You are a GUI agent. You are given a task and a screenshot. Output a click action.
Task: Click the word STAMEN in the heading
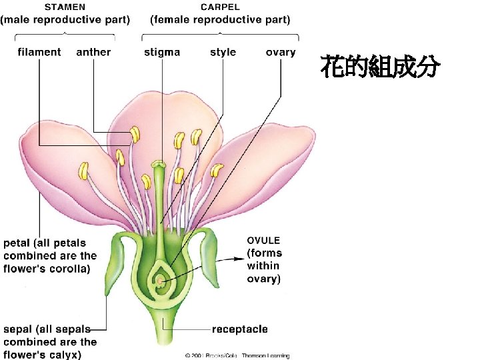(64, 7)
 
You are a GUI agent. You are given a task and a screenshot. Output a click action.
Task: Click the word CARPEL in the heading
(220, 7)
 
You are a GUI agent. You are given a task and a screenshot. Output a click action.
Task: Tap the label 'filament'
(39, 52)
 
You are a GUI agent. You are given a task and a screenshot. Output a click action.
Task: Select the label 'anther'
(94, 52)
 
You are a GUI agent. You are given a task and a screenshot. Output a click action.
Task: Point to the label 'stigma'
(162, 52)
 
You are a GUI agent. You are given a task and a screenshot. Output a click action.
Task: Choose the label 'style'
(223, 52)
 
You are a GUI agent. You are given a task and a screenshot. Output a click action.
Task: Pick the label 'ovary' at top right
(280, 52)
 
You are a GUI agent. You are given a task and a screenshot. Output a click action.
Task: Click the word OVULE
(264, 240)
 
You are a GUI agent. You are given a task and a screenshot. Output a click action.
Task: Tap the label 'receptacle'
(240, 329)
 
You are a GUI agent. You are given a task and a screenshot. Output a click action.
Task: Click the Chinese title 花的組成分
(380, 67)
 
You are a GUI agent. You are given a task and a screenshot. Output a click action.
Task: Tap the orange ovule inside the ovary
(161, 281)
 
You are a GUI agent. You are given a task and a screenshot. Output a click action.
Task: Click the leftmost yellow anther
(84, 171)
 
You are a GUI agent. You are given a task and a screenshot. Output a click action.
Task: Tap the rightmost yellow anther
(216, 171)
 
